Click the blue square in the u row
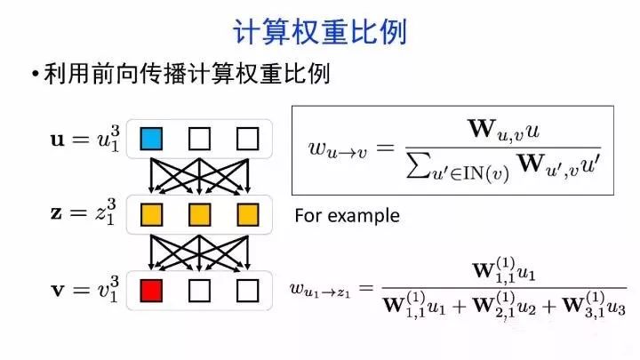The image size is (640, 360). point(151,139)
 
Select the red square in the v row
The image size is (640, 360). point(151,290)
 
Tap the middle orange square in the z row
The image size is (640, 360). point(199,214)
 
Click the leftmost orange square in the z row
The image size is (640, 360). point(151,214)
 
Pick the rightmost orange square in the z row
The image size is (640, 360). point(247,214)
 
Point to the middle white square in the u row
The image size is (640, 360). point(199,139)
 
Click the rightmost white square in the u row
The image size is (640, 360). point(247,139)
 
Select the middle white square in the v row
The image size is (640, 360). point(199,290)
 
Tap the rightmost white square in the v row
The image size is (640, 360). point(247,290)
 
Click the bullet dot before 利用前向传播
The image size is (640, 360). point(35,75)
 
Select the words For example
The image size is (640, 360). point(347,216)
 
